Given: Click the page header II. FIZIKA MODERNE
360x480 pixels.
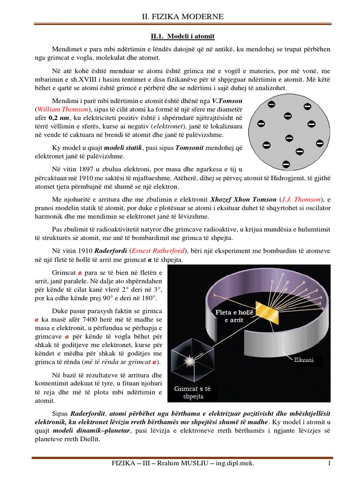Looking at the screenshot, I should click(x=182, y=17).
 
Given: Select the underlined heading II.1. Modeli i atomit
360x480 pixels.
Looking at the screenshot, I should click(x=179, y=36).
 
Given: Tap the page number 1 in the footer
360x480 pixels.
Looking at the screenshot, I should click(x=330, y=464).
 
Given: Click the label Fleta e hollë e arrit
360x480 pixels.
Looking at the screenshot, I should click(x=233, y=315).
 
